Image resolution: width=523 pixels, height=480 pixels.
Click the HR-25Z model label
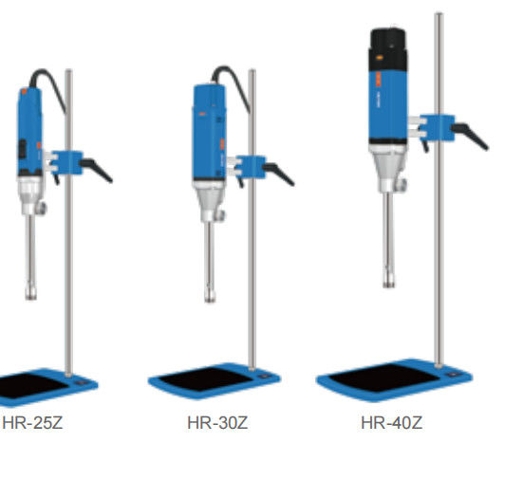(x=32, y=423)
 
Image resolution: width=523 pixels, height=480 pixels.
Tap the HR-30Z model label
(x=217, y=423)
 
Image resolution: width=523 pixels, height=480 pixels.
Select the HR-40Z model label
(x=392, y=423)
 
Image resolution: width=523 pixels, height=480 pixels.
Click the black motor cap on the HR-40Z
(x=388, y=49)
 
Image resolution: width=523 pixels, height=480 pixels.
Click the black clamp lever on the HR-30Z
(x=279, y=174)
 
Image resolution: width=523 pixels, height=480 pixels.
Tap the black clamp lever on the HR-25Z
(x=97, y=170)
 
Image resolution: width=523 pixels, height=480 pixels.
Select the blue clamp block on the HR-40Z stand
(x=438, y=128)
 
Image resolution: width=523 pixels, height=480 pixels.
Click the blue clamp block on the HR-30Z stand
(x=251, y=167)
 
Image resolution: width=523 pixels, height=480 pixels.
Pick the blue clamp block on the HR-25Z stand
(x=66, y=163)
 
